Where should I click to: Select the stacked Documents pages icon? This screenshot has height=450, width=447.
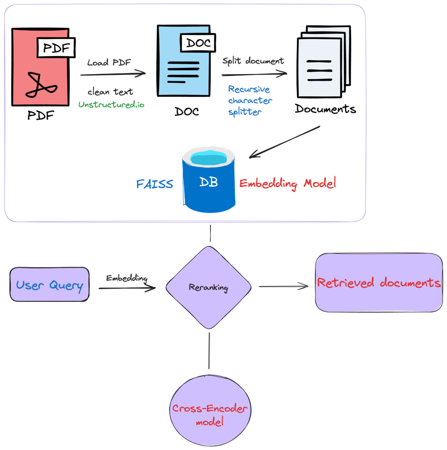tap(323, 62)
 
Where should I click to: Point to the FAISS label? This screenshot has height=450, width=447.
tap(154, 184)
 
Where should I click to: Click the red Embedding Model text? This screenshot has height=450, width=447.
tap(288, 183)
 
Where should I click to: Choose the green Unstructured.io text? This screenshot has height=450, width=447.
tap(111, 105)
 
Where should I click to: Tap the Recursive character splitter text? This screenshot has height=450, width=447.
tap(249, 100)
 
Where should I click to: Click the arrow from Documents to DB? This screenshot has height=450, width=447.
tap(285, 142)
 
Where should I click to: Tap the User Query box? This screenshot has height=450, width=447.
tap(49, 284)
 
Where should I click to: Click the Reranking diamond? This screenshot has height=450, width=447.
tap(209, 287)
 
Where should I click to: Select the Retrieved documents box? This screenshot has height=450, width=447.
tap(379, 283)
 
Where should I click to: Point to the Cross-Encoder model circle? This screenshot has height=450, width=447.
tap(210, 414)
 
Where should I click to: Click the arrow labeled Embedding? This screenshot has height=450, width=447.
tap(127, 288)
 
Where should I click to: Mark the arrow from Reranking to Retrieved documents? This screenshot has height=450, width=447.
tap(283, 287)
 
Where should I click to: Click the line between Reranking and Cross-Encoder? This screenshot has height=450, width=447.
tap(209, 350)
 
